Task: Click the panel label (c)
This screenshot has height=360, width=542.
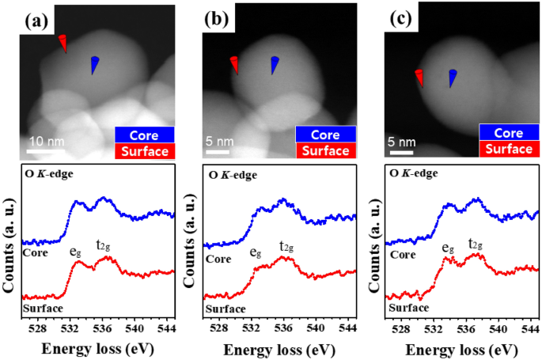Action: (x=401, y=17)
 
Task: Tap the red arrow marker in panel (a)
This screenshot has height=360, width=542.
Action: (x=63, y=44)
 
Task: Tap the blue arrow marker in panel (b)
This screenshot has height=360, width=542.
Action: (x=274, y=66)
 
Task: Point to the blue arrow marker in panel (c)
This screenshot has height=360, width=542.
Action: (x=453, y=78)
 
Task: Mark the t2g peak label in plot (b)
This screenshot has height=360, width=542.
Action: (x=287, y=246)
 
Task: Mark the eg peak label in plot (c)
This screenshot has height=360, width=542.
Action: (x=449, y=247)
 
